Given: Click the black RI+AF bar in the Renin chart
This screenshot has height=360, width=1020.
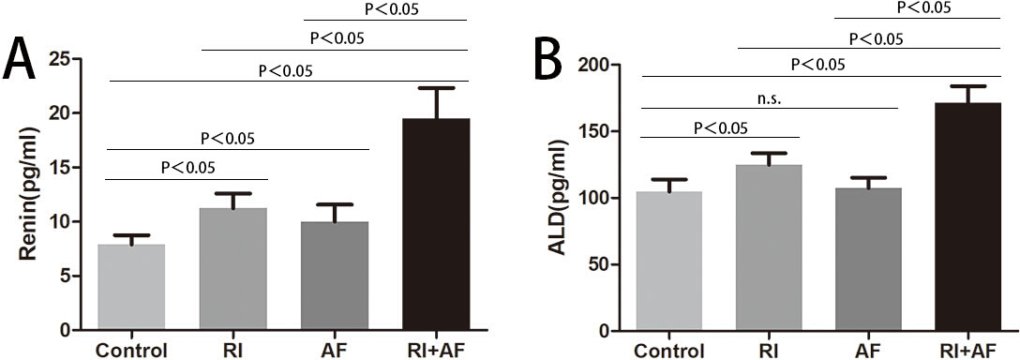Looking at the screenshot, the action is click(x=436, y=225).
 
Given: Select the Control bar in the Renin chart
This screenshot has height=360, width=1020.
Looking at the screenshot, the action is click(x=131, y=288).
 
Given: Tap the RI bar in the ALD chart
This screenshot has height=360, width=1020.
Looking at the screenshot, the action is click(x=769, y=248).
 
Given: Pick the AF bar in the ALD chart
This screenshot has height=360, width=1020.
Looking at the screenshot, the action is click(x=868, y=260).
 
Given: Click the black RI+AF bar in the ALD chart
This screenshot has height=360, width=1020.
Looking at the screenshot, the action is click(x=967, y=217).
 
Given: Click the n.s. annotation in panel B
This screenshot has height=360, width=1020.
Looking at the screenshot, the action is click(x=769, y=100).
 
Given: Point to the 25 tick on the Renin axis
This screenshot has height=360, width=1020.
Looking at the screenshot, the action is click(x=63, y=59).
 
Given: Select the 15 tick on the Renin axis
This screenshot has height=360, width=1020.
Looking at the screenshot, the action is click(x=63, y=168).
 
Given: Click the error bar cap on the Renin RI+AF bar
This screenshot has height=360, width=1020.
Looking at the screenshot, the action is click(x=436, y=88).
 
